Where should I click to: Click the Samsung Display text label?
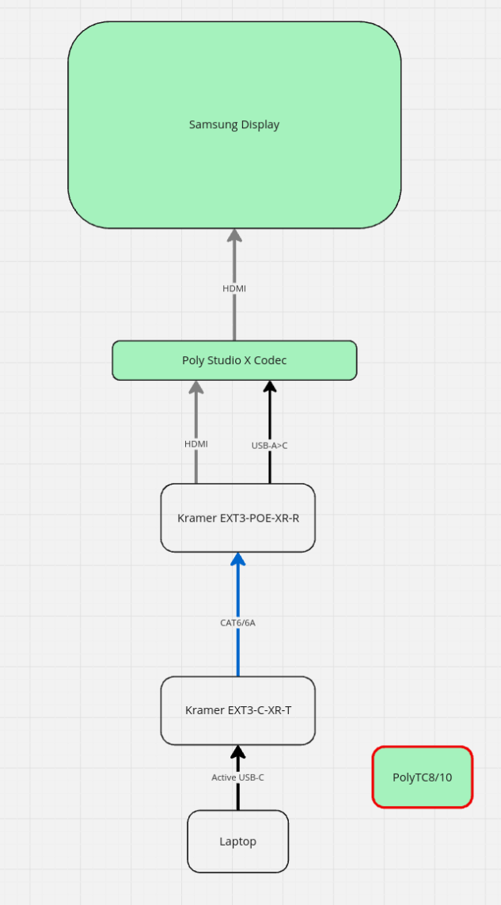[233, 125]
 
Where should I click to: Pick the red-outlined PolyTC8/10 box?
[422, 777]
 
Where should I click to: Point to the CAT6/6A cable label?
[237, 623]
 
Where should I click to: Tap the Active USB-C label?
[237, 778]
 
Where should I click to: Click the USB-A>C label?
[269, 446]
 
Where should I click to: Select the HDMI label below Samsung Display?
[234, 289]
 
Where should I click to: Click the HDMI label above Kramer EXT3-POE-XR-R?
[195, 444]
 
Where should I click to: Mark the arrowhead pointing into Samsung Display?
[234, 235]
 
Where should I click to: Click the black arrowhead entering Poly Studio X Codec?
[270, 387]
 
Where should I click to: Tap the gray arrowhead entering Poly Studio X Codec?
[195, 387]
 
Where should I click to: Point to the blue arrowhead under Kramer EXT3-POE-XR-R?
[237, 560]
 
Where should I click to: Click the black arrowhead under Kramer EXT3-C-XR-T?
[237, 752]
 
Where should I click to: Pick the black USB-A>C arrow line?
[270, 467]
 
